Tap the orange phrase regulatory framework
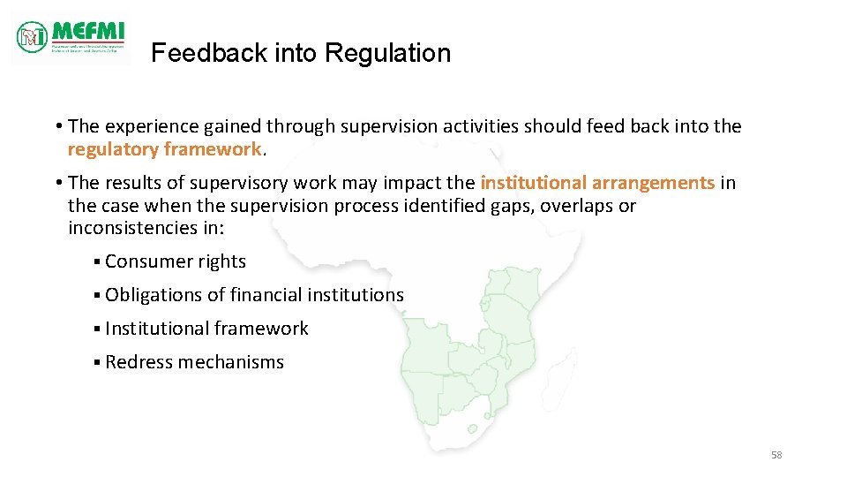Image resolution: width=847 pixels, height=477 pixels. tap(165, 149)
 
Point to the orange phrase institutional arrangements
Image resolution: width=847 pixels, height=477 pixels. tap(597, 183)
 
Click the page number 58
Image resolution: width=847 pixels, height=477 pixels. tap(776, 455)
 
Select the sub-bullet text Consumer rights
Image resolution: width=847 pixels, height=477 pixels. tap(175, 261)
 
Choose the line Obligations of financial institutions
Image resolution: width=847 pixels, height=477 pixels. tap(254, 295)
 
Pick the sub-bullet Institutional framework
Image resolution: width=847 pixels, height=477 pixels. tap(206, 329)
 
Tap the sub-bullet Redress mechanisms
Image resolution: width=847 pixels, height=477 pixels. tap(194, 362)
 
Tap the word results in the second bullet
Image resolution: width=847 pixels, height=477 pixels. tap(133, 183)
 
